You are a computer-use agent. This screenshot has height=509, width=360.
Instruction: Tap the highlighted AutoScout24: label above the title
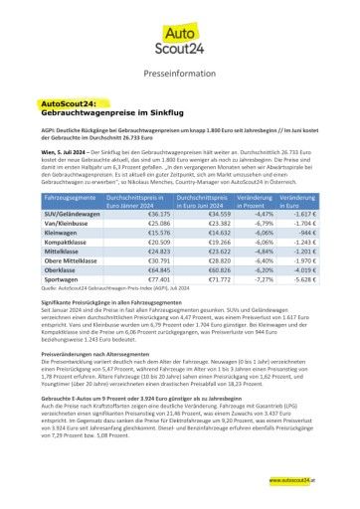coord(67,102)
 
